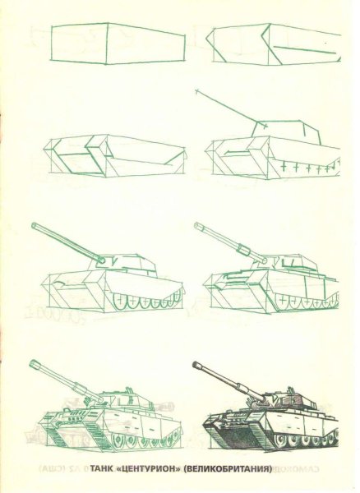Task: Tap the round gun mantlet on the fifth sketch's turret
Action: tap(100, 261)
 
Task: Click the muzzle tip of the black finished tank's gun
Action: tap(196, 365)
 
